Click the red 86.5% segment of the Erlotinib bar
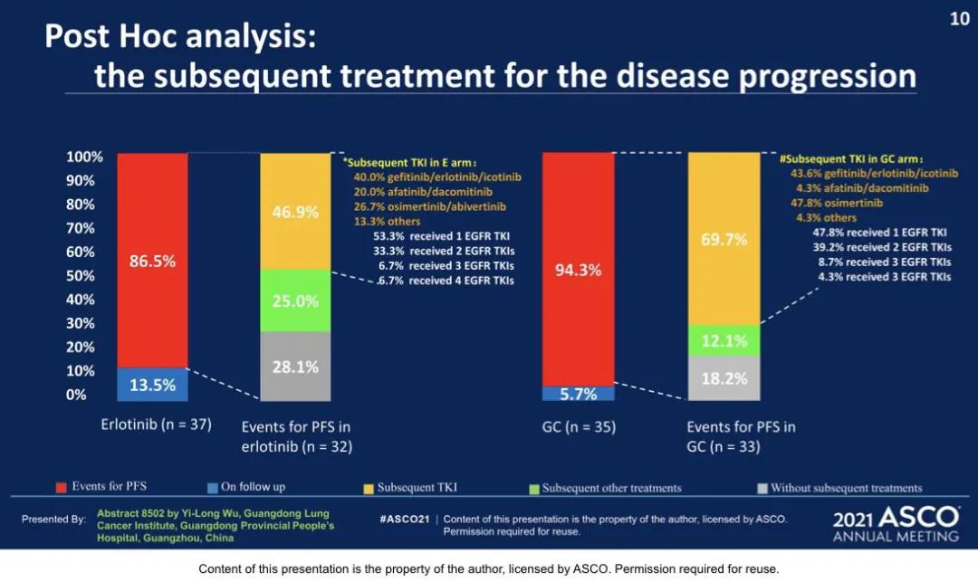[x=152, y=260]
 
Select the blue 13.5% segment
[x=152, y=384]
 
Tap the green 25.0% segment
[x=295, y=301]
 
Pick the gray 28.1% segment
[x=295, y=367]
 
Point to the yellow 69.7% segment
[x=724, y=239]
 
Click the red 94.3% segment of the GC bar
[x=578, y=269]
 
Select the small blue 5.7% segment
[x=578, y=394]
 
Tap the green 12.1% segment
[x=724, y=340]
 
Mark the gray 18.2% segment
[x=724, y=377]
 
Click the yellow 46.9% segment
[x=295, y=212]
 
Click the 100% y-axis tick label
[x=84, y=157]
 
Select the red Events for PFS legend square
[x=62, y=488]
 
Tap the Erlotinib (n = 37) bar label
[x=156, y=424]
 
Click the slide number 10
[x=959, y=19]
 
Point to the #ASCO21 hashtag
[x=405, y=520]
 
